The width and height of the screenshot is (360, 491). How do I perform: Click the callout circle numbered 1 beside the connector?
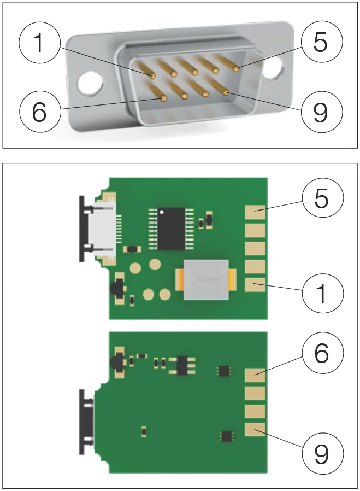(x=39, y=44)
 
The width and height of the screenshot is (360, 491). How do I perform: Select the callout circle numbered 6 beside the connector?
(x=39, y=112)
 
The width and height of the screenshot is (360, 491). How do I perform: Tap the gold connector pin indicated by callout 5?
(x=236, y=69)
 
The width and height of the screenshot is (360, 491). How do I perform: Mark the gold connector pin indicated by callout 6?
(x=164, y=98)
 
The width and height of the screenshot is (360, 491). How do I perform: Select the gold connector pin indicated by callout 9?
(x=226, y=93)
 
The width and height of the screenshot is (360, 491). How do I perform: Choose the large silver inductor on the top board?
(x=206, y=280)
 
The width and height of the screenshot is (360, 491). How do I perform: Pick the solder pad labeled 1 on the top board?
(x=255, y=285)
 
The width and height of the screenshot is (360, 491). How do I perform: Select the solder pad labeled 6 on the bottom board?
(x=255, y=375)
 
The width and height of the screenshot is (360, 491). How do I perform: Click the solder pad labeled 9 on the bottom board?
(x=255, y=429)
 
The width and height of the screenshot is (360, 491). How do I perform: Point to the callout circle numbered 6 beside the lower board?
(x=321, y=354)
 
